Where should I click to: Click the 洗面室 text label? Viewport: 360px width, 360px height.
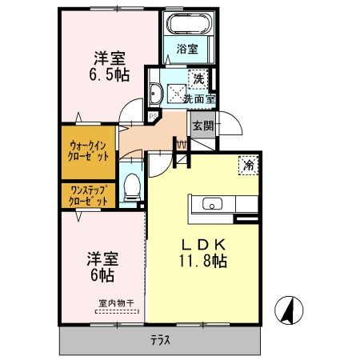pyautogui.click(x=198, y=99)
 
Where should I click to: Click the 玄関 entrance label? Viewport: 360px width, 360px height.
pyautogui.click(x=201, y=125)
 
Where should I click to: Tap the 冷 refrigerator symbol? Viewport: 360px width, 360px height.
pyautogui.click(x=249, y=165)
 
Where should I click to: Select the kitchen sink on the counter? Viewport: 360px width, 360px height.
pyautogui.click(x=212, y=202)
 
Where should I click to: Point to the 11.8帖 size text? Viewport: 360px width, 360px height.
pyautogui.click(x=203, y=262)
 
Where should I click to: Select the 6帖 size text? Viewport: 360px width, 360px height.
pyautogui.click(x=102, y=276)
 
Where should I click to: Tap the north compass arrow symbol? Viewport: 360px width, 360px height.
pyautogui.click(x=286, y=309)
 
